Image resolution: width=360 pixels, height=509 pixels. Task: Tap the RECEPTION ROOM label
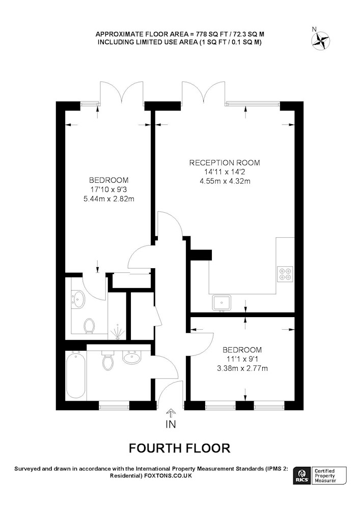point(225,163)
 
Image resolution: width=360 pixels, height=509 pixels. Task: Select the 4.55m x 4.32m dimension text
point(225,181)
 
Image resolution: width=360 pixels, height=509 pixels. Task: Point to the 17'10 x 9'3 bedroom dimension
point(108,189)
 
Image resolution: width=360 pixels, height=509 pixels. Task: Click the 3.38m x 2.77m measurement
point(242,368)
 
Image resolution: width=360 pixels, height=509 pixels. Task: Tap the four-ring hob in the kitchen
point(284,274)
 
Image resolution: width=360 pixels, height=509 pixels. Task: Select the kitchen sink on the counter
point(222,303)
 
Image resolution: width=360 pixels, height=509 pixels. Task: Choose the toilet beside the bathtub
point(108,361)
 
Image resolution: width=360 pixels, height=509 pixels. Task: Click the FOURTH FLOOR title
point(179,448)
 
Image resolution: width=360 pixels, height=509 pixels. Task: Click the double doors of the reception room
point(203,92)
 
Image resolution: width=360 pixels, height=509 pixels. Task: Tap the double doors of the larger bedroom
point(120,92)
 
